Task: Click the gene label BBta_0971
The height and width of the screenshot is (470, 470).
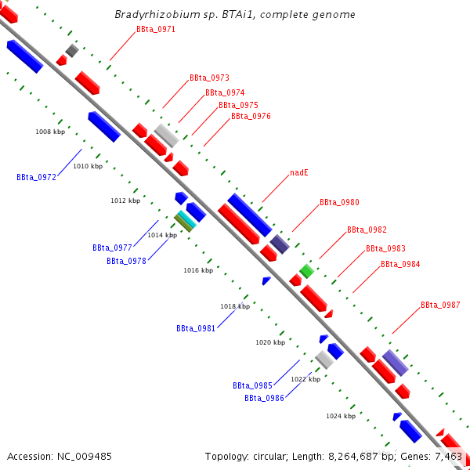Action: (x=156, y=30)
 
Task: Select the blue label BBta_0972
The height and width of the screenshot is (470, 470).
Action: (x=36, y=178)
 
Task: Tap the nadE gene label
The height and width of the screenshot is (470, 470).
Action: (x=298, y=172)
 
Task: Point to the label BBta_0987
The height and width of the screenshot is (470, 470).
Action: (x=440, y=305)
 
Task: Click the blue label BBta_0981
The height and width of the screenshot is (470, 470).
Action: (x=196, y=329)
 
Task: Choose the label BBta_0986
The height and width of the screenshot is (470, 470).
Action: (x=264, y=399)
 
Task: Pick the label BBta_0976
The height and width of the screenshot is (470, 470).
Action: (x=251, y=117)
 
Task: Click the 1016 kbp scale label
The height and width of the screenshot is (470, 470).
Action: (x=198, y=270)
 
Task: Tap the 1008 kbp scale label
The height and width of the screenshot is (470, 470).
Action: (x=50, y=132)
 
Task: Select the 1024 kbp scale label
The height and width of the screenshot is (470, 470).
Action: (x=341, y=417)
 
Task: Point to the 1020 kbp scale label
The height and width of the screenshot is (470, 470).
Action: (x=270, y=342)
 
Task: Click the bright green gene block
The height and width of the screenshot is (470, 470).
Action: (x=307, y=271)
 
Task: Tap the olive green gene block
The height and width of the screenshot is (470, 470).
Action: (x=183, y=224)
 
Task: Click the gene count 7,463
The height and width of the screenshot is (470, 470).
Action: (x=447, y=456)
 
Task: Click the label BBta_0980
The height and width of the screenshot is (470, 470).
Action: (x=339, y=203)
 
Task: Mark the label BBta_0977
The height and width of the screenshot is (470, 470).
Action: (x=112, y=248)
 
